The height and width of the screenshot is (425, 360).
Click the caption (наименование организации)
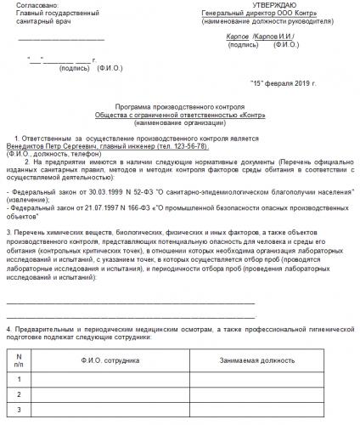coord(178,119)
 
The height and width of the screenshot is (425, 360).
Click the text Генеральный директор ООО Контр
coord(268,14)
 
